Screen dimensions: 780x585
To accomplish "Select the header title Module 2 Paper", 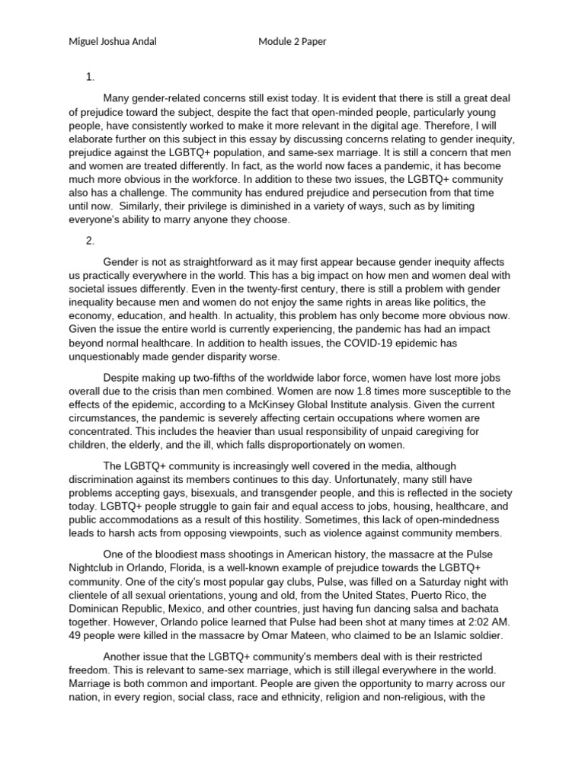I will coord(292,41).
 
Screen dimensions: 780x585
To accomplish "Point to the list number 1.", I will coord(90,77).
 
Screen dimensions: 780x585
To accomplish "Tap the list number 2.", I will coord(90,241).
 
